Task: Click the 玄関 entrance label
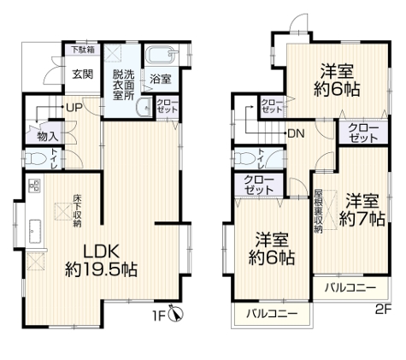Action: (82, 74)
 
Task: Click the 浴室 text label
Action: (160, 79)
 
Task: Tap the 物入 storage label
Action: (47, 136)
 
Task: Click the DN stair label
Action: (297, 133)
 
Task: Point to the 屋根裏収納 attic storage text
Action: (318, 210)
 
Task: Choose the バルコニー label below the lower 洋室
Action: (272, 315)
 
